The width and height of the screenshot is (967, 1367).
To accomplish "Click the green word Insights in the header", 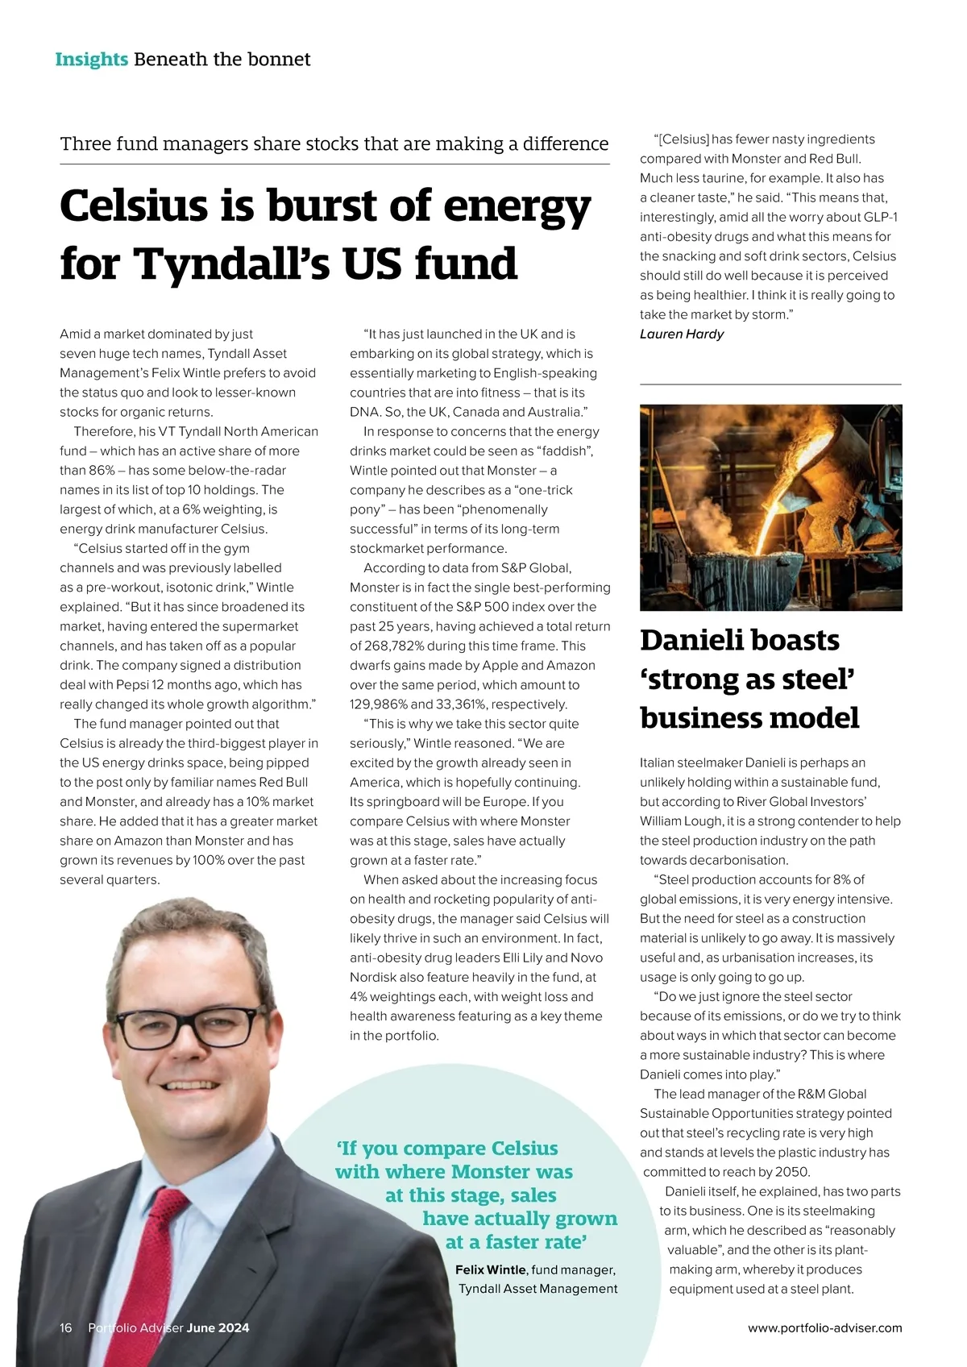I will (x=91, y=59).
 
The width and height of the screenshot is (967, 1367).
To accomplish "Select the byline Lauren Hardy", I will (x=682, y=334).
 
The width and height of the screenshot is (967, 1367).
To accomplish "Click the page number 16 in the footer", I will (x=66, y=1328).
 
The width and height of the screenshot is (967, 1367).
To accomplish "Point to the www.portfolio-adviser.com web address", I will (x=824, y=1328).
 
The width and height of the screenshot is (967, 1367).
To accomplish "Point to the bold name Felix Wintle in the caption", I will (x=490, y=1269).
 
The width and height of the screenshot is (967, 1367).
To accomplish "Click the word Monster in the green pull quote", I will (x=491, y=1171).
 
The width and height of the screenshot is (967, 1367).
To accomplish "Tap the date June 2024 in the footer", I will (x=218, y=1328).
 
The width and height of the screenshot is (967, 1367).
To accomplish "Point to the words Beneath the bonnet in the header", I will (x=222, y=59).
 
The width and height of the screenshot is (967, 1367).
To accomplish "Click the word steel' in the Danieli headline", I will (x=812, y=679).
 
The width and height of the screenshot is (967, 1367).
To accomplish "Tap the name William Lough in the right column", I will (x=681, y=821).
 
